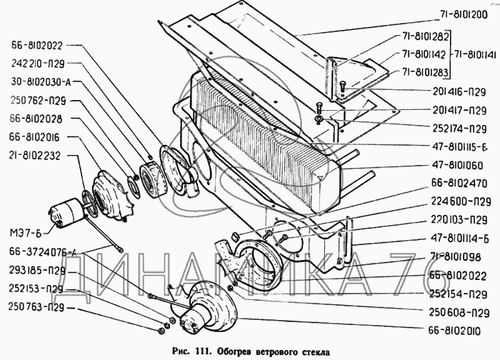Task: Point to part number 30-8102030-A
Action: coord(38,81)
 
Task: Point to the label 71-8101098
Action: coord(462,257)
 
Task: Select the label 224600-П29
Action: coord(462,202)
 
